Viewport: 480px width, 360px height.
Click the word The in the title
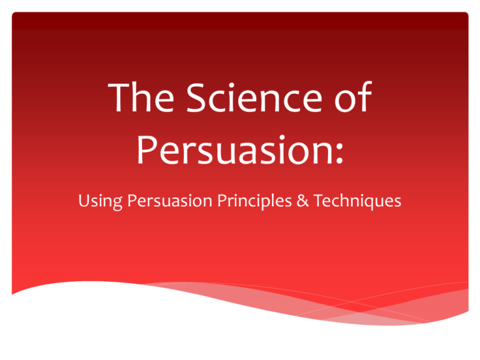141,97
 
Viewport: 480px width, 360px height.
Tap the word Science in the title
254,97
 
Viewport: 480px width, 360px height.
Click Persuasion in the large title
234,150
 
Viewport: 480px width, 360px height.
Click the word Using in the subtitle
101,201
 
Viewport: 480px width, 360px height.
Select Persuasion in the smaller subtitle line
169,201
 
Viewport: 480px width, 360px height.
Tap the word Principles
254,201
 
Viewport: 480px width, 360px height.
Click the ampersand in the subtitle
302,201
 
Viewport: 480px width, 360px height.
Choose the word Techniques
357,201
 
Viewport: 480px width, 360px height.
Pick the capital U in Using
84,201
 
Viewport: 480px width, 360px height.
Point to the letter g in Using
117,204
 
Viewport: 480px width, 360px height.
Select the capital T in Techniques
319,201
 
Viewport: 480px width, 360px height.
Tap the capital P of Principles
222,201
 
